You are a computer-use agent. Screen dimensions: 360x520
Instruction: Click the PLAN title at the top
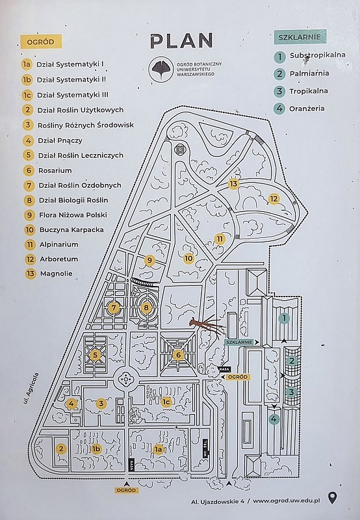point(181,40)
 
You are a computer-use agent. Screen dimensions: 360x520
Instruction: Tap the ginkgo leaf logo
point(161,69)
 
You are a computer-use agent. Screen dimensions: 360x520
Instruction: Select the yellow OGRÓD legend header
point(41,42)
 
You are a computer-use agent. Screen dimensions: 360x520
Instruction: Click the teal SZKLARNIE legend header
point(300,37)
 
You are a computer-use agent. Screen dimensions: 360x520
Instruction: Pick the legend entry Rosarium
point(55,170)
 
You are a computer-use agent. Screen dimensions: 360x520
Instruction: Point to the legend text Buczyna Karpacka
point(71,229)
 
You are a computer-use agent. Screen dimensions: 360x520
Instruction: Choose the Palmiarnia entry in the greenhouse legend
point(309,73)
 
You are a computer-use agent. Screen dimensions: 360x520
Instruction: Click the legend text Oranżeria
point(307,109)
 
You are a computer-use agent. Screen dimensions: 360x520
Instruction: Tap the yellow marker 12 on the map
point(274,199)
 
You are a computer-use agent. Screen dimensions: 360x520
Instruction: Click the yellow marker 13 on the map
point(233,184)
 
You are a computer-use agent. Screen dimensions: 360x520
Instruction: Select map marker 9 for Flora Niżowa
point(149,261)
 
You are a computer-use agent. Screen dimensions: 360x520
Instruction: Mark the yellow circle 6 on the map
point(178,355)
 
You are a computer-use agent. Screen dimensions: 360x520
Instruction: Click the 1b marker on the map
point(96,449)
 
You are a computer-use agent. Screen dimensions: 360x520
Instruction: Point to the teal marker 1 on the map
point(284,318)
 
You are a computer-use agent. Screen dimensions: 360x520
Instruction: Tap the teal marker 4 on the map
point(274,419)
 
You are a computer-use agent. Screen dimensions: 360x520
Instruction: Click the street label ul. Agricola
point(31,388)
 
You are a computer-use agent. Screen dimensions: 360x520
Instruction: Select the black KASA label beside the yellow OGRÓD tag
point(224,369)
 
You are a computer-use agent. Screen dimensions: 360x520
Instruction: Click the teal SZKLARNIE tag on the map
point(238,342)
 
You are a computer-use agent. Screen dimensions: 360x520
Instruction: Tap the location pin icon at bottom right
point(332,497)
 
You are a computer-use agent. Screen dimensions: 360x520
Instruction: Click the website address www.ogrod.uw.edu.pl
point(287,500)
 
